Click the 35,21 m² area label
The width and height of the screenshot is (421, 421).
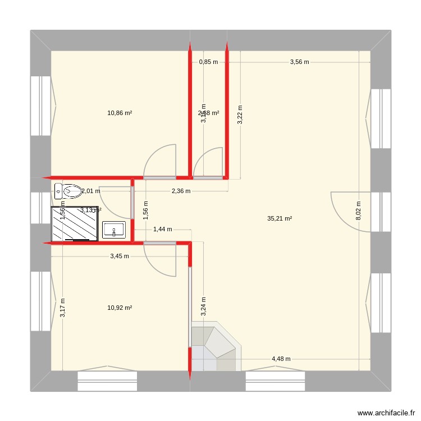click(x=280, y=219)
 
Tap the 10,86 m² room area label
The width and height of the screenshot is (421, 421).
click(x=120, y=113)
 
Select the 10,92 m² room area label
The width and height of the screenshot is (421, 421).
click(x=120, y=308)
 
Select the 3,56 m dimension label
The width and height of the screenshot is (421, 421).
click(x=299, y=62)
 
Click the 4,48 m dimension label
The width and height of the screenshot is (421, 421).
click(x=281, y=359)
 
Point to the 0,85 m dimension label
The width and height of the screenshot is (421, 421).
click(x=208, y=62)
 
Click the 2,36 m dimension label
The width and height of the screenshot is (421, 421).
click(x=181, y=191)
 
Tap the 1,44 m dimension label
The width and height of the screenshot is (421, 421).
click(x=162, y=229)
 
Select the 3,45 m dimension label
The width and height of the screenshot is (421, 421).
click(x=119, y=256)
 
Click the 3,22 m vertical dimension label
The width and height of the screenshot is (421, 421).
click(x=240, y=115)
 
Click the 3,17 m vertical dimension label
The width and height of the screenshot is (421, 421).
click(x=62, y=308)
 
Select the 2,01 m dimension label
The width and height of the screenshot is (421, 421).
click(x=91, y=191)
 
